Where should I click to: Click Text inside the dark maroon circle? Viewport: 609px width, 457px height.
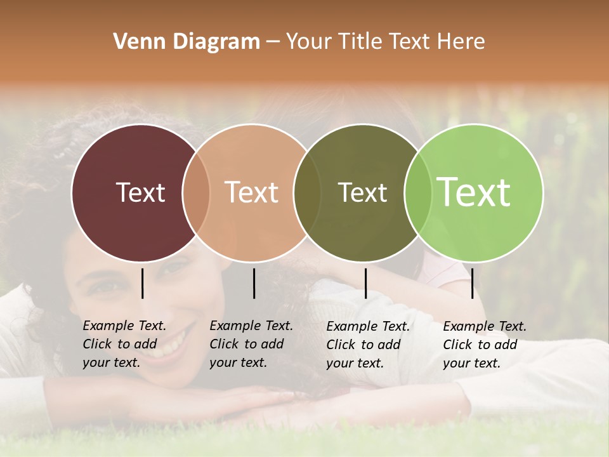click(x=140, y=192)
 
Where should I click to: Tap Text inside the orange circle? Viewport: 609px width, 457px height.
click(x=251, y=192)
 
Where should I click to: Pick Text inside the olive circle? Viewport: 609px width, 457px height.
click(x=362, y=192)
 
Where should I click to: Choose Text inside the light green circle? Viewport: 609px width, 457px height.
click(x=474, y=192)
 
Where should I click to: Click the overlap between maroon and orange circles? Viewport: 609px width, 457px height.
click(x=196, y=192)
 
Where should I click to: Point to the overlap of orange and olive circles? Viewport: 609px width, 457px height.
click(x=307, y=192)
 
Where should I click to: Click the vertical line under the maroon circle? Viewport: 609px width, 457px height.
click(x=142, y=283)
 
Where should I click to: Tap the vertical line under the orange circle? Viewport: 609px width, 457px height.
click(x=254, y=283)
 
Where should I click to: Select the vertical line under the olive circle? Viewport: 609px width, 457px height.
click(x=365, y=283)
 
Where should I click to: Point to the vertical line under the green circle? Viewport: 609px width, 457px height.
click(x=472, y=283)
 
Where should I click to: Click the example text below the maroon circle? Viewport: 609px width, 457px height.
click(x=124, y=344)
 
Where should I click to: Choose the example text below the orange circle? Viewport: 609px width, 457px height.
click(x=251, y=344)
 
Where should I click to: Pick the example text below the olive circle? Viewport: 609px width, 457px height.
click(x=367, y=345)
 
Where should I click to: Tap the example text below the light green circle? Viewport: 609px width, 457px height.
click(x=484, y=345)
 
